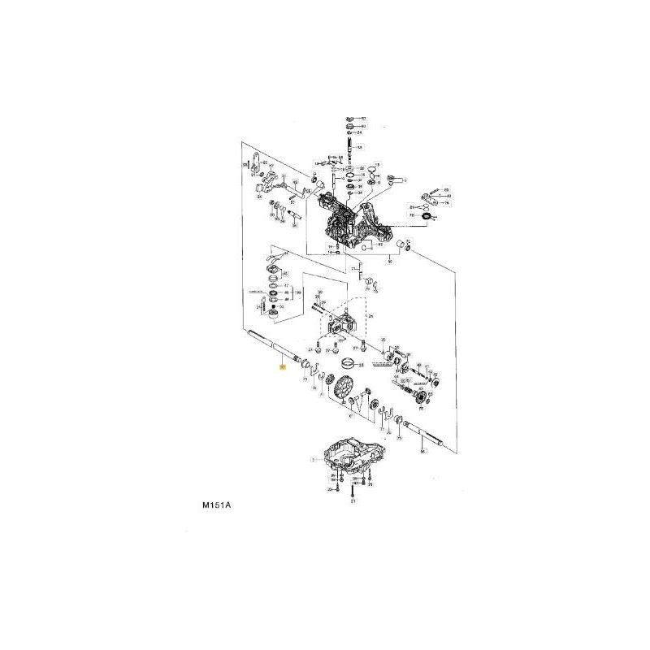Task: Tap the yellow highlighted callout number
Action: click(x=282, y=368)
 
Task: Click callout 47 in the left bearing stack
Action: click(x=284, y=286)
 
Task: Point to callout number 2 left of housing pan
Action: click(x=312, y=459)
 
